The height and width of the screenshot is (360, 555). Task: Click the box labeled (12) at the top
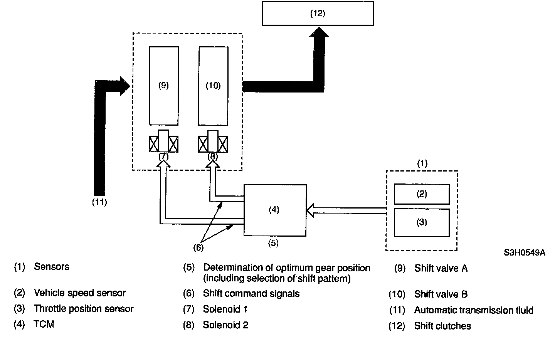(x=318, y=13)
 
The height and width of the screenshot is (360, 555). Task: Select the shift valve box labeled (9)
(x=164, y=86)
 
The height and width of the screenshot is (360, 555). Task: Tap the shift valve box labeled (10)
(x=213, y=86)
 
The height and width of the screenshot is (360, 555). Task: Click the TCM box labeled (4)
(x=275, y=210)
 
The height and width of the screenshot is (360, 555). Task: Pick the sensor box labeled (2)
(x=422, y=194)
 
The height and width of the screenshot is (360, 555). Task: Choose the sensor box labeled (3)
(x=422, y=222)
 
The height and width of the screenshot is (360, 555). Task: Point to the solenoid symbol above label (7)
(x=164, y=142)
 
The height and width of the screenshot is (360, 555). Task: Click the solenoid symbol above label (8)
(x=213, y=142)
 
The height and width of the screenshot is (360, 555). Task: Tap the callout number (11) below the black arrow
(x=99, y=202)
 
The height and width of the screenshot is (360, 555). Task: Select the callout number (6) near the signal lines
(x=198, y=247)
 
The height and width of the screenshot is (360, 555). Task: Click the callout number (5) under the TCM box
(x=273, y=243)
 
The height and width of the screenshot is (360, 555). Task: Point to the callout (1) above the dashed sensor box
(x=422, y=163)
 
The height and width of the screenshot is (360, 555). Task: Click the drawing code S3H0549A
(x=524, y=253)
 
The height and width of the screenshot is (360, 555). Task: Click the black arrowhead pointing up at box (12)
(x=319, y=32)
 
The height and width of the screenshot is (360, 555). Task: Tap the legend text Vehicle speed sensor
(x=80, y=293)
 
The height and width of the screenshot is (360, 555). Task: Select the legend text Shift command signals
(x=251, y=294)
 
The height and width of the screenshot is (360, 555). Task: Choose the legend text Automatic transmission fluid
(x=474, y=310)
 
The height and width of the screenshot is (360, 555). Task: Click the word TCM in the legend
(x=44, y=325)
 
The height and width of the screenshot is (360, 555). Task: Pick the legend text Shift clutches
(x=442, y=326)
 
